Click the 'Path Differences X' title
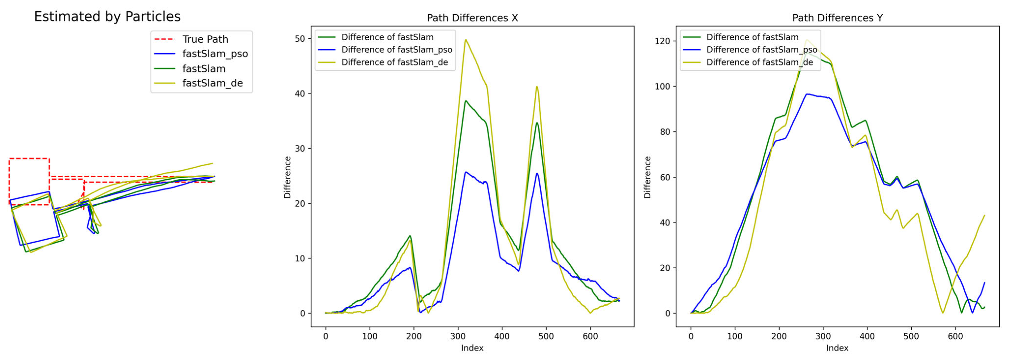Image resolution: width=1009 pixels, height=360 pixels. click(472, 18)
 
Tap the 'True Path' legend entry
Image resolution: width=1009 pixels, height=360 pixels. click(205, 39)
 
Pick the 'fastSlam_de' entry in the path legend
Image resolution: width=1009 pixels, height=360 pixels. click(212, 83)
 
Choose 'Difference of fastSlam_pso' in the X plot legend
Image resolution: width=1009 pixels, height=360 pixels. click(396, 50)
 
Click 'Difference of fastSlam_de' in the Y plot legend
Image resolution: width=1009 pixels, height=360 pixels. click(759, 62)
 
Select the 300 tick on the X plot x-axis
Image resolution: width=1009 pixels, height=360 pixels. click(458, 336)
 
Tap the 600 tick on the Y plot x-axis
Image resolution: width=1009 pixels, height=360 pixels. click(955, 336)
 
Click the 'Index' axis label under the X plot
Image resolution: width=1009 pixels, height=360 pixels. click(472, 348)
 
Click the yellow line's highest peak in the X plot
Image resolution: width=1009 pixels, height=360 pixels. click(466, 40)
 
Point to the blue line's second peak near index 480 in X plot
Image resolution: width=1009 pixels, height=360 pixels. click(537, 173)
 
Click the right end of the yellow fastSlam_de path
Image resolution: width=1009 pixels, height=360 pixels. click(212, 163)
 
